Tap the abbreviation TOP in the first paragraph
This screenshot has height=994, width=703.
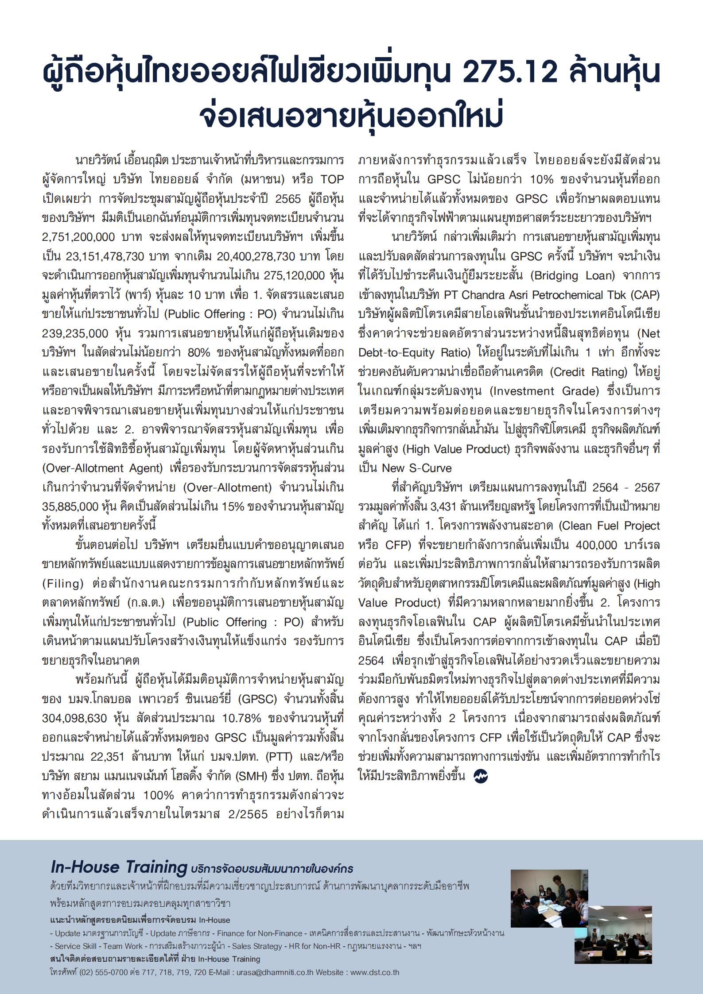pyautogui.click(x=332, y=179)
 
